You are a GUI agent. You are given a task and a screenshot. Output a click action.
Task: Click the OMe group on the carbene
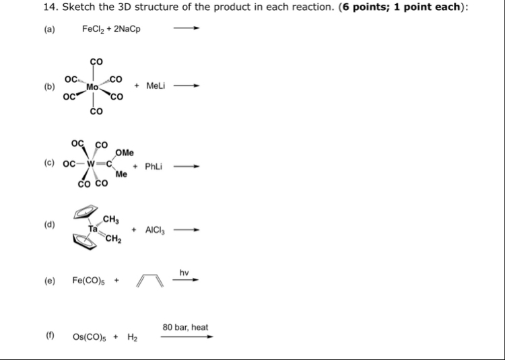coord(125,153)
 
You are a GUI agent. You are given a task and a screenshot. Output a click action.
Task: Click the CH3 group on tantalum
coord(112,219)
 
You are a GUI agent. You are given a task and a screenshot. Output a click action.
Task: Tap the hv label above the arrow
coord(184,273)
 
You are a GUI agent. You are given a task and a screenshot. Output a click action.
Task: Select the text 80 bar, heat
coord(185,328)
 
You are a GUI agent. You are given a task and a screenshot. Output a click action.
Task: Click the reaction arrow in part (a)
coord(187,30)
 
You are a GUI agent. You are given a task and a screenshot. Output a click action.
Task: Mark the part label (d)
coord(49,224)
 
